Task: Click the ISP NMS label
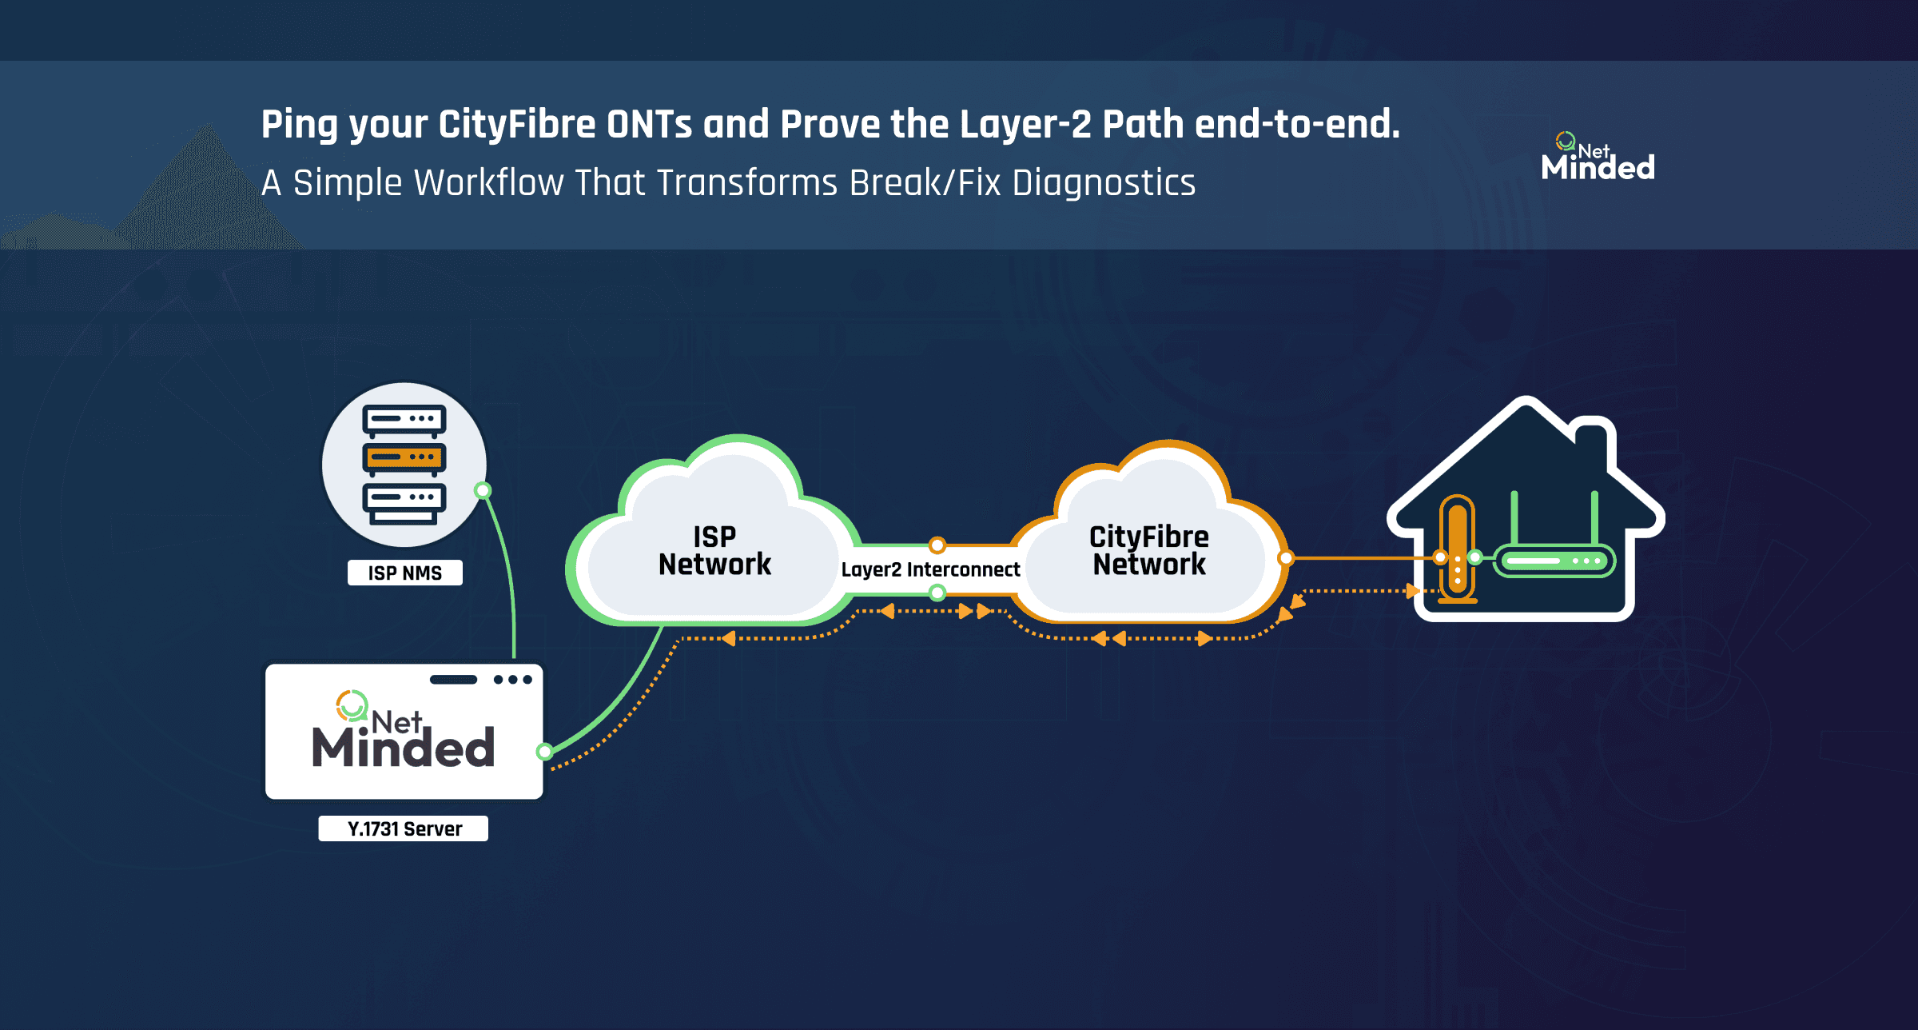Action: [404, 573]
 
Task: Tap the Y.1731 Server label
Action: [404, 828]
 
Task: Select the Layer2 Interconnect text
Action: [930, 569]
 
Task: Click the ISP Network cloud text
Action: [714, 550]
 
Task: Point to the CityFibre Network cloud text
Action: [1149, 550]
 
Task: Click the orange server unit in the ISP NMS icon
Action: [404, 457]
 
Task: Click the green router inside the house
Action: [1554, 560]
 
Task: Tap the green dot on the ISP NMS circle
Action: [483, 490]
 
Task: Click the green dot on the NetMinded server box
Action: [545, 751]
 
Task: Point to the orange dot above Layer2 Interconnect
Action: [937, 545]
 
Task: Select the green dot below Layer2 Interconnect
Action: [937, 593]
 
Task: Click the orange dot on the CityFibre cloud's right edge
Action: [1286, 558]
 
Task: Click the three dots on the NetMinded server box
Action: [512, 680]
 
